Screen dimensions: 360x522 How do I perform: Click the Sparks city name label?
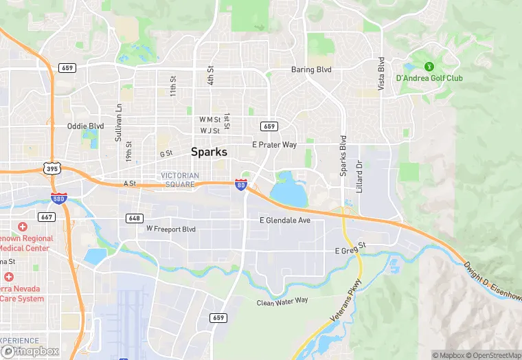pyautogui.click(x=209, y=152)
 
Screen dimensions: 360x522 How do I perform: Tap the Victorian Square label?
pyautogui.click(x=180, y=179)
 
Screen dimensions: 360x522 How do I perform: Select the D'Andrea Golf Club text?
pyautogui.click(x=429, y=78)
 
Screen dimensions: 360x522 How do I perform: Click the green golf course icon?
pyautogui.click(x=429, y=67)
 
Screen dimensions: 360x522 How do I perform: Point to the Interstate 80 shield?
pyautogui.click(x=240, y=185)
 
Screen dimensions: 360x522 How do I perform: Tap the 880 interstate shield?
pyautogui.click(x=59, y=199)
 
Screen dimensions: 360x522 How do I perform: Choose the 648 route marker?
pyautogui.click(x=135, y=218)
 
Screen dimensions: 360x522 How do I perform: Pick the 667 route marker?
pyautogui.click(x=47, y=217)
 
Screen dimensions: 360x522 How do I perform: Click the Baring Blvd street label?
pyautogui.click(x=311, y=70)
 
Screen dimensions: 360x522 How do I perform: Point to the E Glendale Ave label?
pyautogui.click(x=284, y=220)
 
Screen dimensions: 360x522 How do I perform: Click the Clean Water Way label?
pyautogui.click(x=282, y=301)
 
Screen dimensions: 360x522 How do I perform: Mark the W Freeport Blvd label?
pyautogui.click(x=171, y=229)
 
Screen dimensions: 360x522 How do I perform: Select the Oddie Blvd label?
pyautogui.click(x=85, y=126)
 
